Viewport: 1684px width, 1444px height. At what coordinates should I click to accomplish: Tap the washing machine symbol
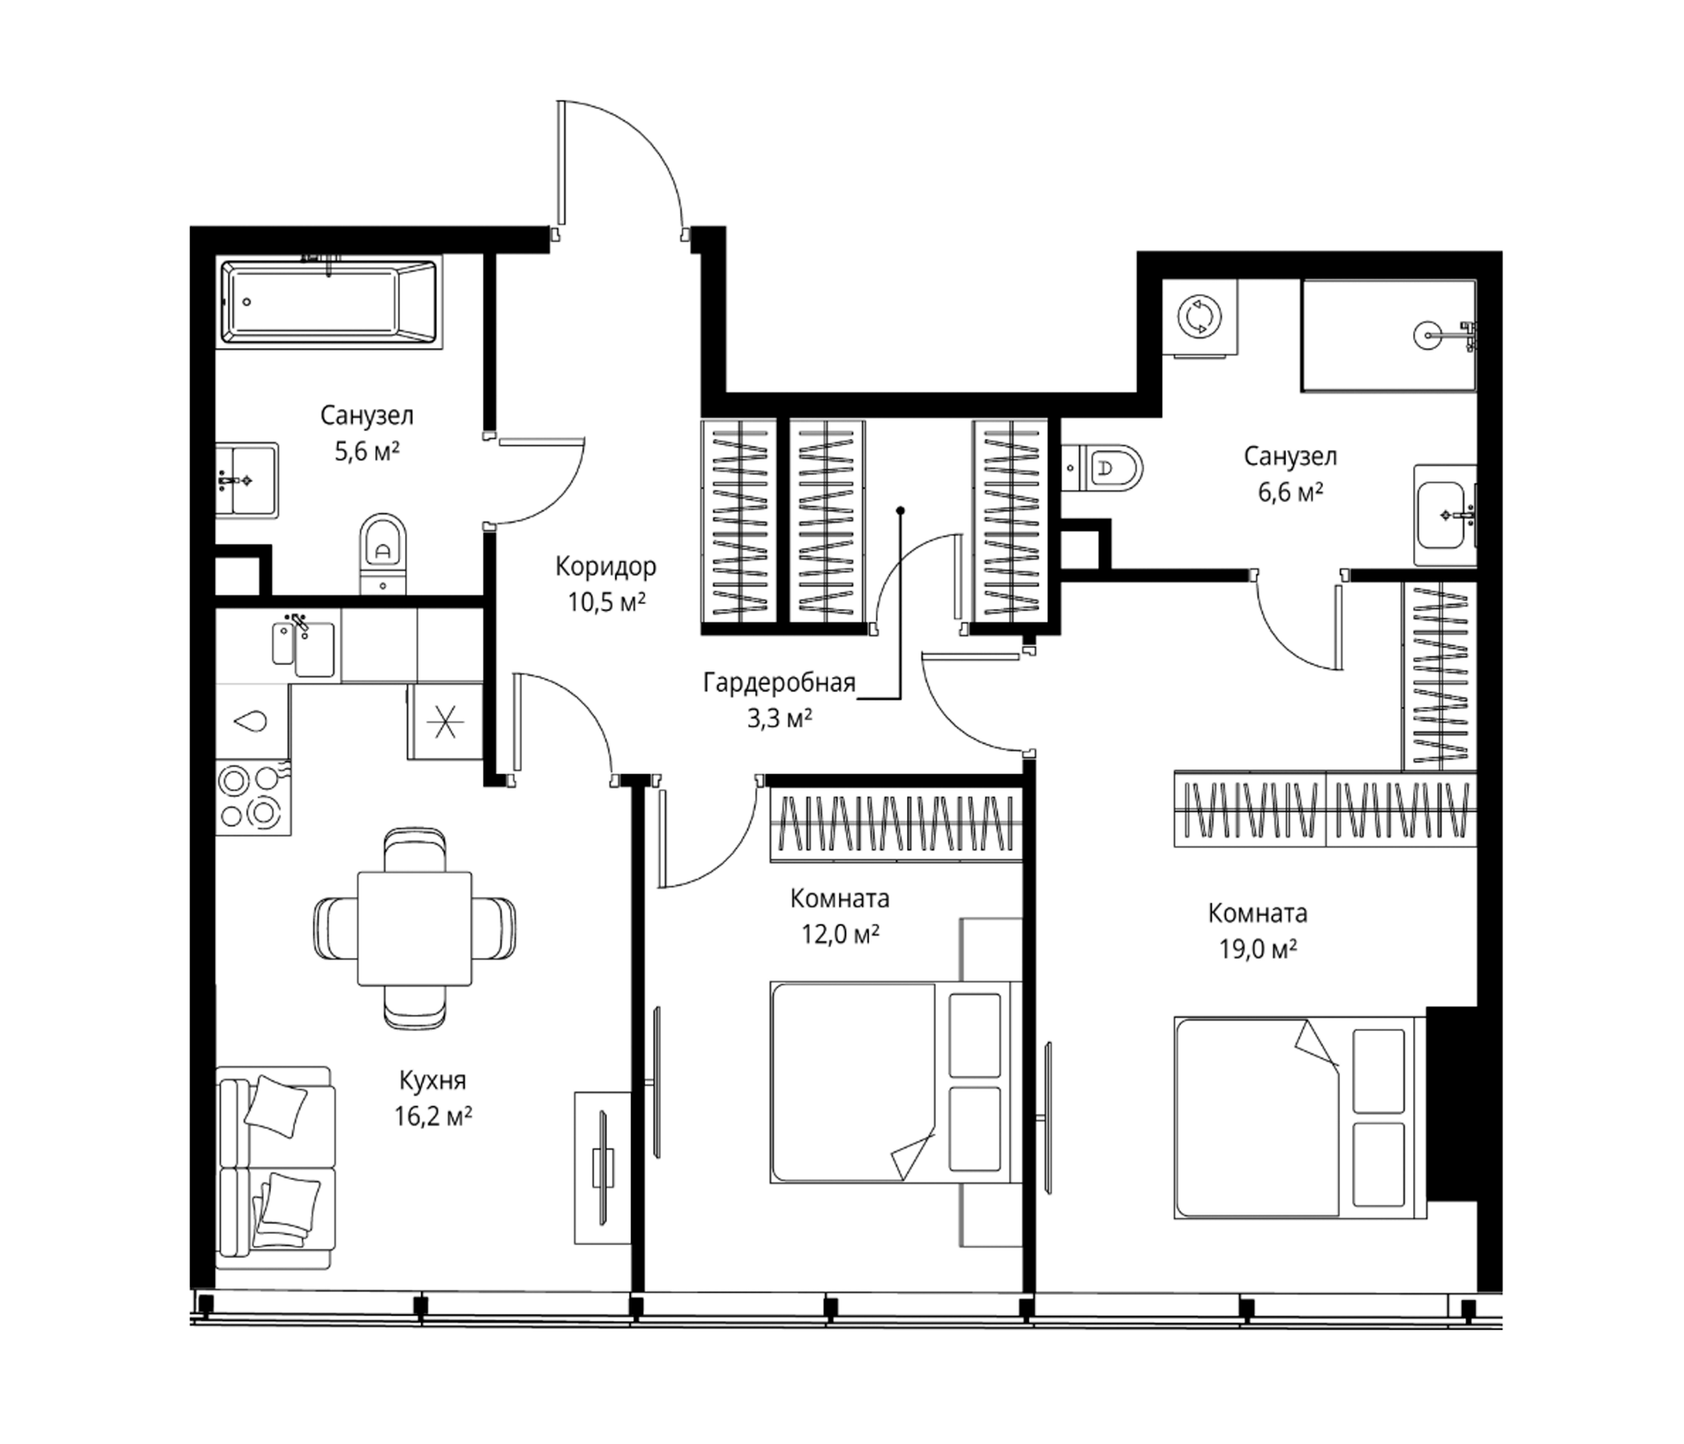[1199, 316]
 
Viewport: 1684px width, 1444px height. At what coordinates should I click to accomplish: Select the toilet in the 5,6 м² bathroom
[382, 553]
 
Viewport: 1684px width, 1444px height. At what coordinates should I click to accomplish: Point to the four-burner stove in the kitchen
[253, 797]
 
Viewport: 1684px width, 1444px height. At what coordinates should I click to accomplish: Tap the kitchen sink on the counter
[303, 648]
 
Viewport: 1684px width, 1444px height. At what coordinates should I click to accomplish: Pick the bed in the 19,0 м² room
[1300, 1117]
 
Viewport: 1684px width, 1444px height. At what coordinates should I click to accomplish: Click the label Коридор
[605, 566]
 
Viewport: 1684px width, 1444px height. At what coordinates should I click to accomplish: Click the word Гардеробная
[779, 682]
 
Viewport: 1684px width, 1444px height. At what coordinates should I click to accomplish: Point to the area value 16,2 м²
[433, 1117]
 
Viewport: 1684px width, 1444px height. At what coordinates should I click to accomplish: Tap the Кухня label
[432, 1081]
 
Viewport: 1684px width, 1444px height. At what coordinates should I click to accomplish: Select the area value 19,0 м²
[1257, 949]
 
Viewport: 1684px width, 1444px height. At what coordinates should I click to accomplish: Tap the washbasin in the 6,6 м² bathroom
[1445, 515]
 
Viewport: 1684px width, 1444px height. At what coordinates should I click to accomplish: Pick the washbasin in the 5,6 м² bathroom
[247, 480]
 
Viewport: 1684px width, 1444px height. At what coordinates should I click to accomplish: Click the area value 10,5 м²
[606, 602]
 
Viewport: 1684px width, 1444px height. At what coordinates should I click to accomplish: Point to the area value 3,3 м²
[779, 718]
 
